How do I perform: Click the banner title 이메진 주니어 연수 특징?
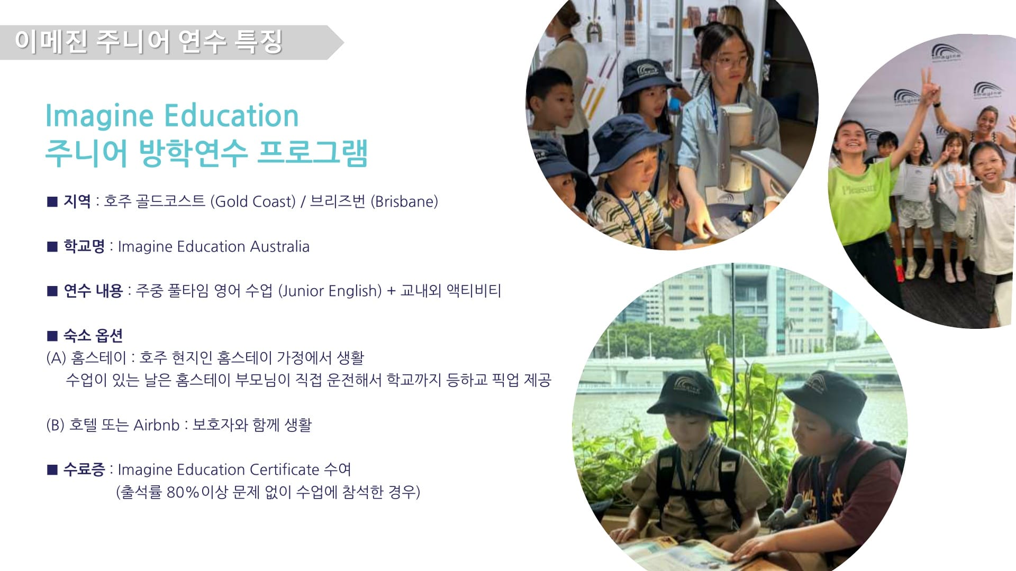click(149, 41)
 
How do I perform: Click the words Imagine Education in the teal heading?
click(172, 116)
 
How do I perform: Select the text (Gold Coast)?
click(253, 201)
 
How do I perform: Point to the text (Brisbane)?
click(404, 201)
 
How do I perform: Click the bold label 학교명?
click(84, 246)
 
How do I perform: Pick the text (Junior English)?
click(330, 291)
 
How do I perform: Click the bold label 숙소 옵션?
click(93, 335)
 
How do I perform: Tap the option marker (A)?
click(56, 358)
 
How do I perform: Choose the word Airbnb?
click(157, 425)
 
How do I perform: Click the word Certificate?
click(285, 469)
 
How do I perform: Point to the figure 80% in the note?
click(183, 492)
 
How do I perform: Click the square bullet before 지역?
click(52, 201)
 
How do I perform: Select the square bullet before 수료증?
click(52, 469)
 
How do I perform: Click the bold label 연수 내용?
click(93, 291)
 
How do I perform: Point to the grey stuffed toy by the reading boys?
click(787, 512)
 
